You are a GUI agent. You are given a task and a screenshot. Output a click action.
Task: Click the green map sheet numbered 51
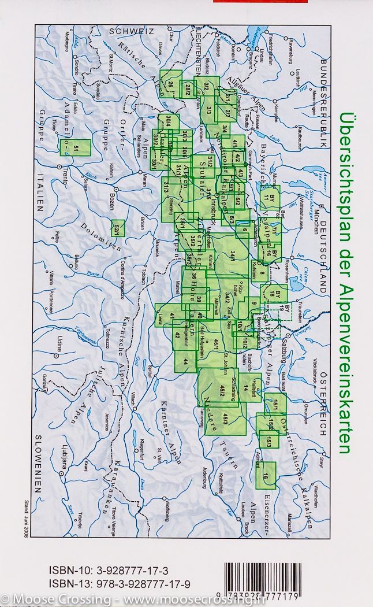pos(76,149)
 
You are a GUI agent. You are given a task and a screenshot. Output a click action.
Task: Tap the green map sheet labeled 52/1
pos(117,228)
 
